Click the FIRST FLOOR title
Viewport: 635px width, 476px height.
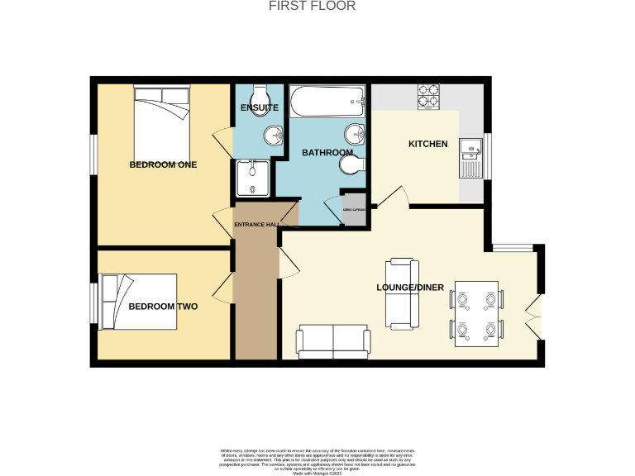click(313, 6)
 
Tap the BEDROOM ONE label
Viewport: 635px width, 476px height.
click(163, 164)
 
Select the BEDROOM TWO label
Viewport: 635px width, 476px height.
click(163, 307)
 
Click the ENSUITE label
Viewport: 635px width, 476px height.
click(259, 108)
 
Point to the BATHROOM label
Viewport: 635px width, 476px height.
click(327, 153)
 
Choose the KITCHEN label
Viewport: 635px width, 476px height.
click(427, 144)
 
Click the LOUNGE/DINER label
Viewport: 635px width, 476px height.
click(411, 288)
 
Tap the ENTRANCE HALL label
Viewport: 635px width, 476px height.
click(256, 225)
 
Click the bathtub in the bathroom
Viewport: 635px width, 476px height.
click(327, 103)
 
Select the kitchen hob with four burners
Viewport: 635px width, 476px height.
click(428, 97)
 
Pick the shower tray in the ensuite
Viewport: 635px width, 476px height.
click(251, 178)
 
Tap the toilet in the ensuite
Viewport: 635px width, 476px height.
click(258, 91)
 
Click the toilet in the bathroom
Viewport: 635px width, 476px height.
click(351, 166)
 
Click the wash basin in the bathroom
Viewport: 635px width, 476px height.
click(355, 132)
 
